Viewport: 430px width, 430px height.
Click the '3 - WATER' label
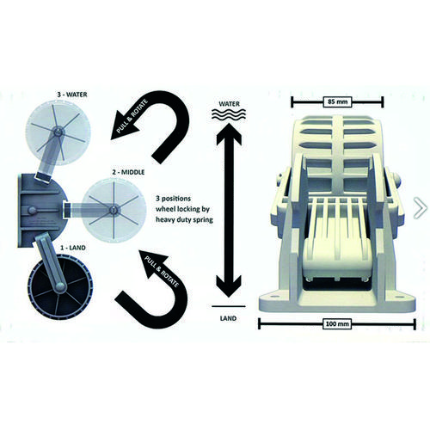point(72,95)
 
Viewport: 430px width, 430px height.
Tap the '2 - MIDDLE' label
point(128,172)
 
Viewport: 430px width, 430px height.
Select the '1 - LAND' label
point(73,248)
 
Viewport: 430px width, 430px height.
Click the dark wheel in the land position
point(60,286)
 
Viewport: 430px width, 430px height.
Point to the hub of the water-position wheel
point(58,132)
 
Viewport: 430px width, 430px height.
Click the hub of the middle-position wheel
point(114,210)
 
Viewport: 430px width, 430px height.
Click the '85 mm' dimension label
point(337,101)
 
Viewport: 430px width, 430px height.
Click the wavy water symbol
point(229,115)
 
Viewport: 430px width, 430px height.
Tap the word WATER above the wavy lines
point(229,103)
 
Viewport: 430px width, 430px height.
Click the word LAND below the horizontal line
point(229,318)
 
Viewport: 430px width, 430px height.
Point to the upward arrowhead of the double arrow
point(229,133)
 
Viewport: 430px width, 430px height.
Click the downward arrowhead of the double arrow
point(229,286)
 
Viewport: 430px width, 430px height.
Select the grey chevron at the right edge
point(421,207)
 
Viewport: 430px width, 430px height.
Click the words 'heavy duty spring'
point(184,220)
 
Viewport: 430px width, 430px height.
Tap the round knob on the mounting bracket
point(31,211)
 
